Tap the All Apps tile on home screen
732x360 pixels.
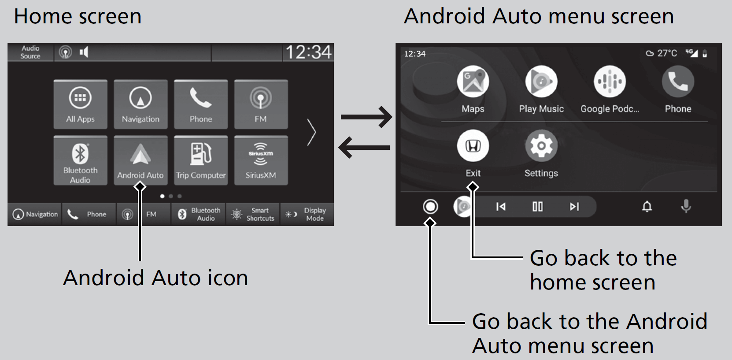(x=80, y=104)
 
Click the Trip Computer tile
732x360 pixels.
(x=201, y=160)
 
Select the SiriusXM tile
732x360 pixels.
(x=261, y=160)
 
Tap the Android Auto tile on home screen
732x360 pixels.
(x=140, y=160)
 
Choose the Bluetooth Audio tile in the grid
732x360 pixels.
(x=80, y=160)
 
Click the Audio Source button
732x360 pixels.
(x=30, y=52)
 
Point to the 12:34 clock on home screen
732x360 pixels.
(x=308, y=52)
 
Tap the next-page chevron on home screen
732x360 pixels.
(x=311, y=132)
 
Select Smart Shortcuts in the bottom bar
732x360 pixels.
(x=253, y=215)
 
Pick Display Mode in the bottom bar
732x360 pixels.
(x=307, y=215)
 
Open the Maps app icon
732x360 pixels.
(x=473, y=82)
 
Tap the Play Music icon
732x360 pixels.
(x=541, y=82)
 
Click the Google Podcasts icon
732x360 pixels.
(x=610, y=82)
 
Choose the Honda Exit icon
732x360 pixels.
(x=473, y=146)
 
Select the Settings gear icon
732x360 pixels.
(x=541, y=146)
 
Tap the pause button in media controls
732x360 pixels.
(x=538, y=207)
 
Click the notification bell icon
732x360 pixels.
(x=647, y=207)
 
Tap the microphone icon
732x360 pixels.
(x=686, y=206)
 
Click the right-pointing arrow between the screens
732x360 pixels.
(x=366, y=117)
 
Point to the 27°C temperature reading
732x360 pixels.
(x=666, y=53)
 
